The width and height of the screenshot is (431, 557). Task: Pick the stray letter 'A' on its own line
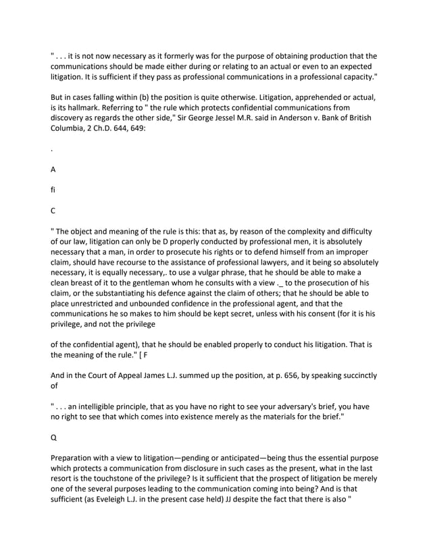(53, 170)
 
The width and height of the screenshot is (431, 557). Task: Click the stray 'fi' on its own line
(53, 190)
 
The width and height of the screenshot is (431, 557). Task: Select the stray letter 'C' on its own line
(53, 211)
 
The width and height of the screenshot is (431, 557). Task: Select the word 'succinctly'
(355, 375)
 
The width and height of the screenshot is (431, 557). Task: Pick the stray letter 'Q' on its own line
(54, 437)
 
